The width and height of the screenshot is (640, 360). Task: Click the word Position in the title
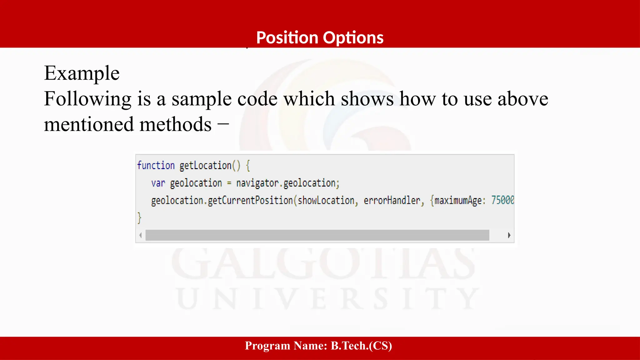coord(287,38)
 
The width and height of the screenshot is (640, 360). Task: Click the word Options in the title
coord(353,38)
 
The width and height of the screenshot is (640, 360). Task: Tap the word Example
coord(82,73)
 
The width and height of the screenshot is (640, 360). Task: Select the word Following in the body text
coord(87,99)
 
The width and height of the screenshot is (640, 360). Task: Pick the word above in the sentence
coord(522,99)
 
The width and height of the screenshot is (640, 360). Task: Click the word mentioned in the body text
coord(88,124)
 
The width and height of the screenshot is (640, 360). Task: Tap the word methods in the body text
coord(175,124)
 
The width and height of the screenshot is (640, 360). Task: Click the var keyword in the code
coord(158,183)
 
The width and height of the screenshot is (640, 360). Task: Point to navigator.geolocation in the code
coord(287,183)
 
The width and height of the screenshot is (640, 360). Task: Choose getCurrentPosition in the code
coord(250,200)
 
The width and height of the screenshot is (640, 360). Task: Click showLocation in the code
coord(326,200)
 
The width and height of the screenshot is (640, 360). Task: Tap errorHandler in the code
coord(392,200)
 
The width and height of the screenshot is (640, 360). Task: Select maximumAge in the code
coord(458,200)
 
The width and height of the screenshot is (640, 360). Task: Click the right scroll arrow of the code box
coord(509,235)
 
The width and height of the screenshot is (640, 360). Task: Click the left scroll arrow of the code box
coord(141,235)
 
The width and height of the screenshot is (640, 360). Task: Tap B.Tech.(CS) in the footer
coord(361,346)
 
